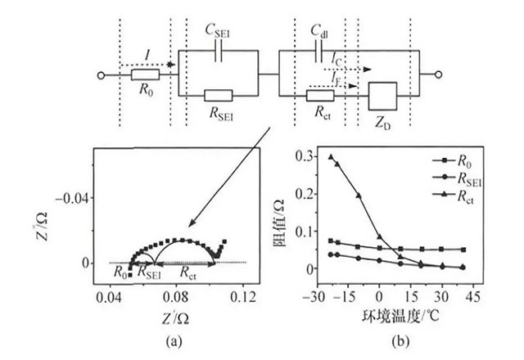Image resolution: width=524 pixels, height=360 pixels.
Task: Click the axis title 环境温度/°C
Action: tap(393, 315)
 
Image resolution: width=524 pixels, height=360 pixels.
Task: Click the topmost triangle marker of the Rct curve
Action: tap(331, 156)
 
